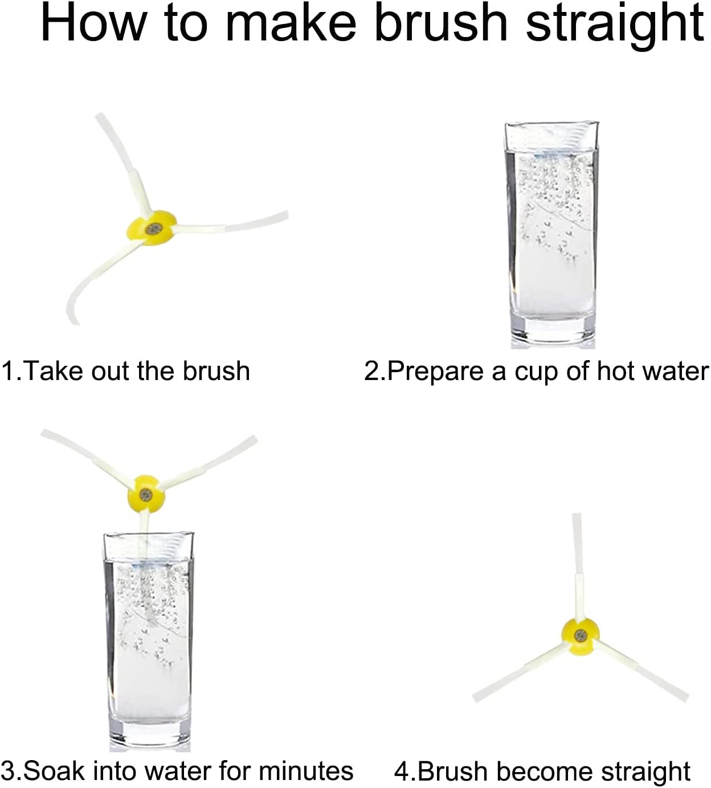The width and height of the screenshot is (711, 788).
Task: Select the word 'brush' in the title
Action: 441,22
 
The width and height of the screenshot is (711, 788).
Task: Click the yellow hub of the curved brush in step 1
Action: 151,228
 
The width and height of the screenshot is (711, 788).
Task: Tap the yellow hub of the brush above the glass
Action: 146,494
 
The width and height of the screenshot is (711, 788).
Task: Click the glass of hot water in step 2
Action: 551,235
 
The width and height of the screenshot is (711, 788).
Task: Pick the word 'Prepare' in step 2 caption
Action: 435,371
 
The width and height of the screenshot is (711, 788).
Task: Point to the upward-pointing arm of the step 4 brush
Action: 578,566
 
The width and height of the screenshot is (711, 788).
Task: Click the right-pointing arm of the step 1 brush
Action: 232,223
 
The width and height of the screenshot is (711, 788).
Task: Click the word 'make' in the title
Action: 291,22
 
